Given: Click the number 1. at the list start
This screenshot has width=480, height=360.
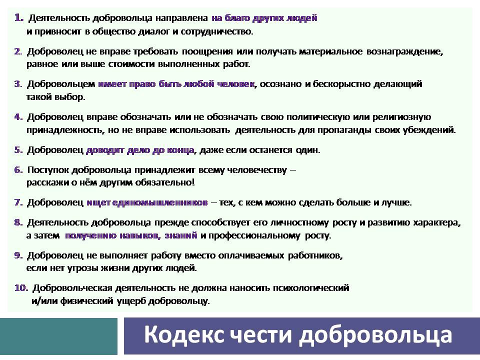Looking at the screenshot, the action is pos(19,18).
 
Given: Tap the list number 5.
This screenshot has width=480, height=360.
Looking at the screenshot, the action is pos(18,150).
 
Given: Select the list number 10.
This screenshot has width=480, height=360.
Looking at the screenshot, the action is pos(21,288).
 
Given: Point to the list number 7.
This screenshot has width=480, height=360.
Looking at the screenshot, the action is pos(18,202).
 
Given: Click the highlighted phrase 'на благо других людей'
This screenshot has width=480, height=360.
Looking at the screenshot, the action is pos(264,18).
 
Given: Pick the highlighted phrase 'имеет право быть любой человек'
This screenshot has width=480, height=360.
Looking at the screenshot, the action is pos(176,84).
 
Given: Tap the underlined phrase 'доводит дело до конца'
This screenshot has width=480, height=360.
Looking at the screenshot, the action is pos(140,150).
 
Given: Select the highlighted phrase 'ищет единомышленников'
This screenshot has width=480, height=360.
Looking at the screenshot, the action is pos(147,202).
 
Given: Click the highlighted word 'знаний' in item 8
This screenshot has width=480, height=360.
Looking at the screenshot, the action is pos(181,235).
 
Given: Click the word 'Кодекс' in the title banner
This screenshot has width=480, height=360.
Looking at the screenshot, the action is pos(183,335).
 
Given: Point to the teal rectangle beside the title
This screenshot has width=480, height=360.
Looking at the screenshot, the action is pos(59,336).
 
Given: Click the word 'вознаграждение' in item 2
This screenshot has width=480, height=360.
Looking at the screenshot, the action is pos(404,51).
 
